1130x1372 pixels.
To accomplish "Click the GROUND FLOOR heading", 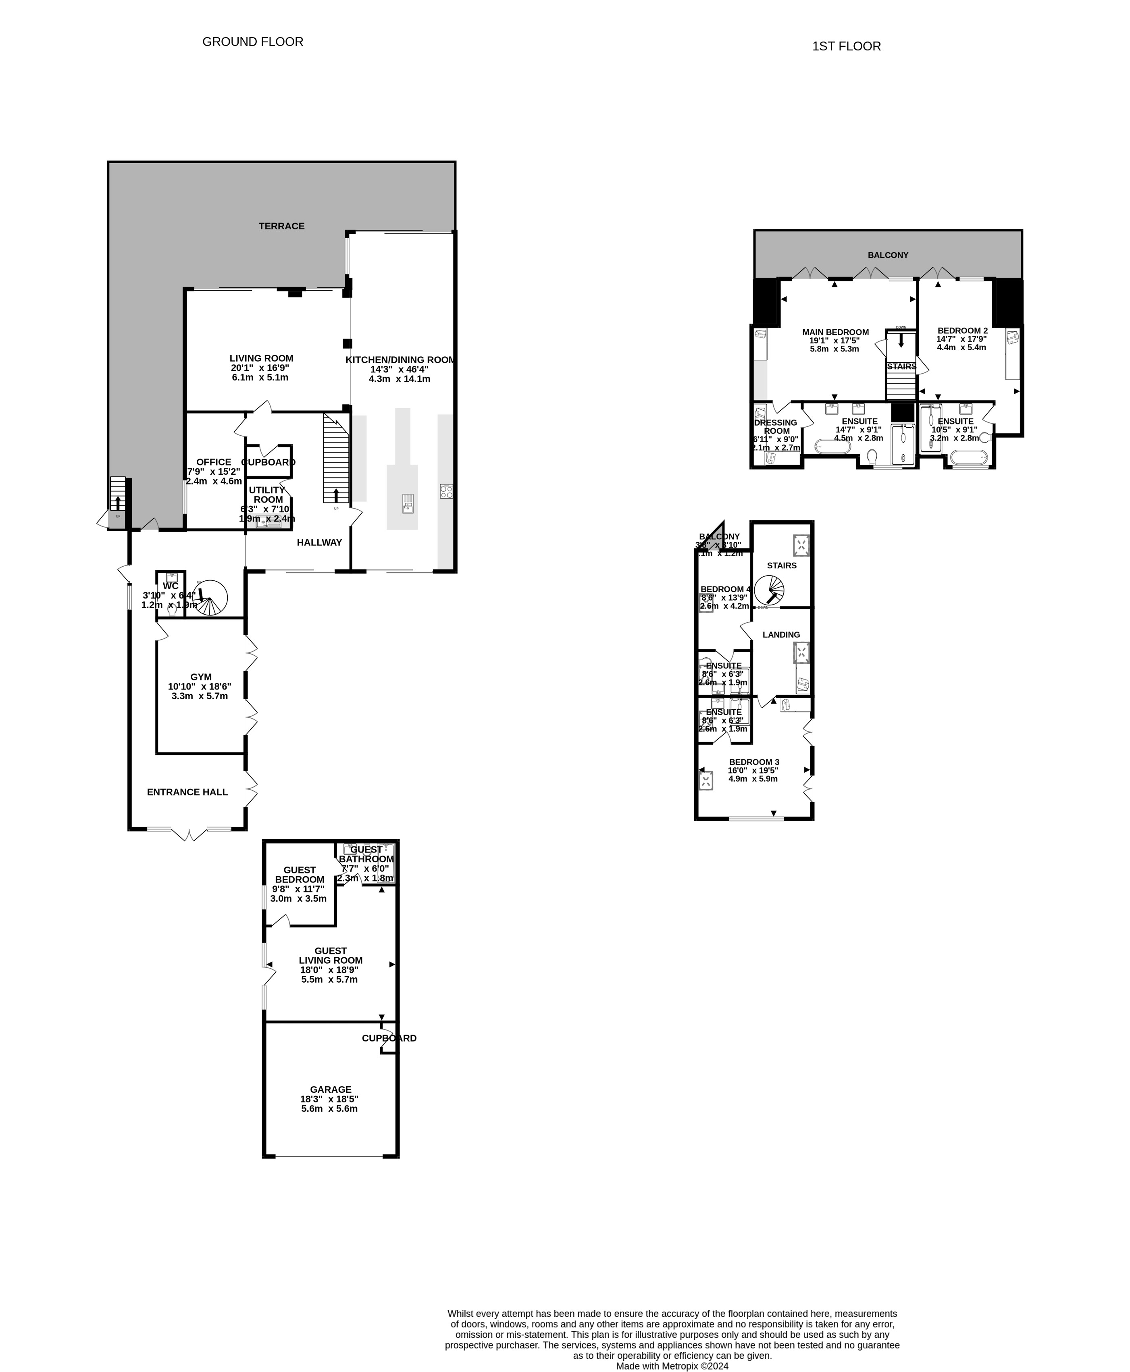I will pyautogui.click(x=252, y=42).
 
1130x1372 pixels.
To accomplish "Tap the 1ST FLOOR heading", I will pyautogui.click(x=846, y=46).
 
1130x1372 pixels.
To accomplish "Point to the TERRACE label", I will pyautogui.click(x=281, y=226).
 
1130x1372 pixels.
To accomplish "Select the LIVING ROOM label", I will pyautogui.click(x=261, y=358).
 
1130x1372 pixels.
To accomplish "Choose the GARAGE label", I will pyautogui.click(x=330, y=1089).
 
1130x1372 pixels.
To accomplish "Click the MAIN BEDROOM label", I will pyautogui.click(x=835, y=332).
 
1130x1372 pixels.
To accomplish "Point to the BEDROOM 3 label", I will pyautogui.click(x=754, y=762).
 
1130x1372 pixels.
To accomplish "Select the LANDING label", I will pyautogui.click(x=781, y=634).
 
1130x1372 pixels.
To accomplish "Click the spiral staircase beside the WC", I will pyautogui.click(x=212, y=597).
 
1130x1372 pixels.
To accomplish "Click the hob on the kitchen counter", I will pyautogui.click(x=446, y=491).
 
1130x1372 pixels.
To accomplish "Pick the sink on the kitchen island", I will pyautogui.click(x=408, y=503).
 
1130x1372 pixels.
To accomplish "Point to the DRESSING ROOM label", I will pyautogui.click(x=776, y=426).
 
